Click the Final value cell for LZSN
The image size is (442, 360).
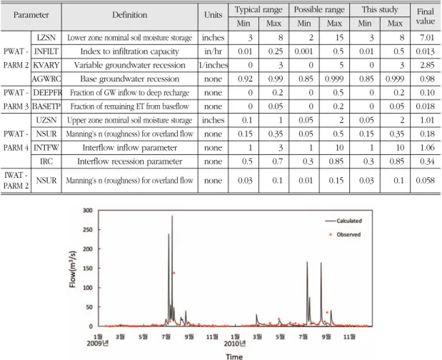click(427, 37)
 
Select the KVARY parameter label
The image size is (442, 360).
click(46, 65)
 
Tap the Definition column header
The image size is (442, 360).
click(130, 15)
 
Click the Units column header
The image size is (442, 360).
click(213, 15)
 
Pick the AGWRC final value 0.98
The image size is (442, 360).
click(427, 79)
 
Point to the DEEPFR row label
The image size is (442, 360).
click(47, 93)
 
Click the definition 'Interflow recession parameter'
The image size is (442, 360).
click(130, 161)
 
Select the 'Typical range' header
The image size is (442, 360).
click(258, 9)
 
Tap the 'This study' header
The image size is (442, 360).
click(380, 9)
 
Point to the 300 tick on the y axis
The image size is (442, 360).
click(88, 210)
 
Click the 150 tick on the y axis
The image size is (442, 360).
click(88, 269)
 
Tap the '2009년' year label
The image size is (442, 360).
click(98, 344)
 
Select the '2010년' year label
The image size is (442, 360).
click(235, 344)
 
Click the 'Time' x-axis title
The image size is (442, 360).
click(234, 356)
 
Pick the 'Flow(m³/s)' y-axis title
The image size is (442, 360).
click(73, 269)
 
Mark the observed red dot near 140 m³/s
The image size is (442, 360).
click(174, 273)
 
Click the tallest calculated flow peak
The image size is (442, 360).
click(172, 216)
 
